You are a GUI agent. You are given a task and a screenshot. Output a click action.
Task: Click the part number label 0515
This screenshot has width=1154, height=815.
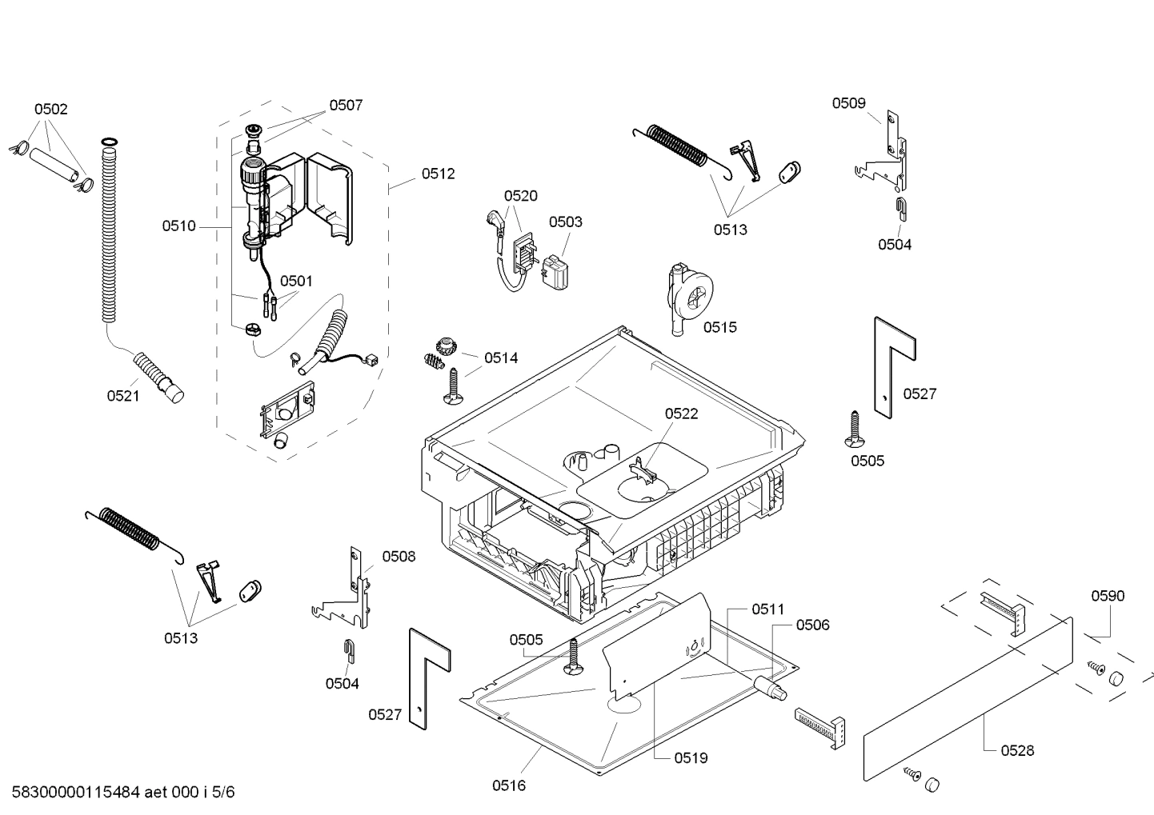tap(719, 327)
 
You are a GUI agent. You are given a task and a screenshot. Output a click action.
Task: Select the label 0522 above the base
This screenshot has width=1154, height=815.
tap(681, 413)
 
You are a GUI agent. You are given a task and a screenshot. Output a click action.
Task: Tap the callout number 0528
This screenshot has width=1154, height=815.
tap(1017, 750)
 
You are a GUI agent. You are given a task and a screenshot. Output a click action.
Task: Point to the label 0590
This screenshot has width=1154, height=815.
tap(1108, 596)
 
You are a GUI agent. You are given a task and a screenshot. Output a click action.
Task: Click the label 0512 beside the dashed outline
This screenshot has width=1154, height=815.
tap(438, 174)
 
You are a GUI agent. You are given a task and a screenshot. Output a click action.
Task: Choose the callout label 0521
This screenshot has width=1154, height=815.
tap(123, 395)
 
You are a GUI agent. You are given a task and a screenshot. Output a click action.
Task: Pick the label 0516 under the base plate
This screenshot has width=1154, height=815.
tap(509, 785)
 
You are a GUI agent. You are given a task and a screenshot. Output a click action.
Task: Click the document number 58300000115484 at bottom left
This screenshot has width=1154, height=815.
tap(72, 793)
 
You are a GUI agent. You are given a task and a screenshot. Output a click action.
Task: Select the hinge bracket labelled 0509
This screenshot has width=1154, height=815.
tap(888, 156)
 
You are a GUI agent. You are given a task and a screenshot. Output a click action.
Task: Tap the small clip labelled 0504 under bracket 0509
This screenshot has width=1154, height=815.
tap(900, 206)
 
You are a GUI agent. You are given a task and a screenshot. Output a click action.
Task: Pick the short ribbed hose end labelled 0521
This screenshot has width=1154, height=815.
tap(160, 377)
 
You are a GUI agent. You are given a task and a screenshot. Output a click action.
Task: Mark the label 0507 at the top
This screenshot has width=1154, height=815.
tap(346, 105)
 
